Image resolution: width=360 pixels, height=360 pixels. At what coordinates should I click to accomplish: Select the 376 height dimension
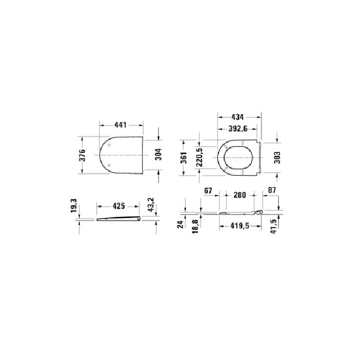click(x=83, y=155)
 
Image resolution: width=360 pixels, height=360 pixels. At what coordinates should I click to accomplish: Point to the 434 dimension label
click(x=237, y=117)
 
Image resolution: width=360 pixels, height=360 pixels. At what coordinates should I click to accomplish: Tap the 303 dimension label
click(x=277, y=157)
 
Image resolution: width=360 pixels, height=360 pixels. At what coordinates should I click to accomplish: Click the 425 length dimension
click(x=118, y=205)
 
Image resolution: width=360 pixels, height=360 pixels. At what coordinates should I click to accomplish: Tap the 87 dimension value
click(x=271, y=191)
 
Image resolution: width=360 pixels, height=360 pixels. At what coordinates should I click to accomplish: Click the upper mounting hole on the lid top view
click(x=109, y=145)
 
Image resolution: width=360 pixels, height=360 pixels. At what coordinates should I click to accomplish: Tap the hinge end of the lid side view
click(x=139, y=216)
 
